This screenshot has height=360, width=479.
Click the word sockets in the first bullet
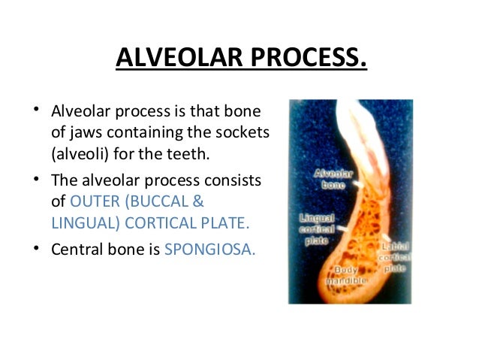click(x=243, y=135)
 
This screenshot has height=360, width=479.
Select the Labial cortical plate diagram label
click(x=396, y=256)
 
